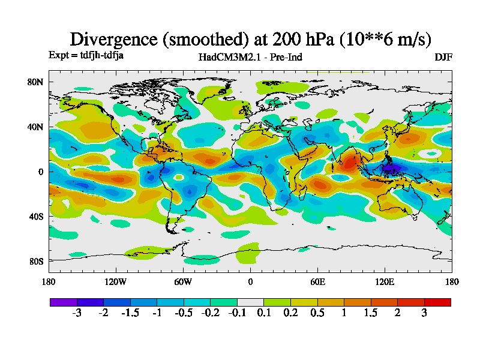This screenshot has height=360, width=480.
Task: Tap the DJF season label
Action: coord(443,58)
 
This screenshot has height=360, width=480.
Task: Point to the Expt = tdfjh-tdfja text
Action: coord(86,55)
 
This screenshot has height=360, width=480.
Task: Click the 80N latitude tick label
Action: coord(36,82)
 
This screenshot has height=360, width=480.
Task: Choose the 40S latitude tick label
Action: coord(36,217)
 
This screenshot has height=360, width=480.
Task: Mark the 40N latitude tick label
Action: coord(36,127)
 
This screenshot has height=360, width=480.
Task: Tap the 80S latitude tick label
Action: coord(36,261)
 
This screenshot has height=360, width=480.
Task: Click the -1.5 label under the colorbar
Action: coord(130,313)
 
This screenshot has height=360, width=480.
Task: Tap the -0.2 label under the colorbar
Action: coord(210,313)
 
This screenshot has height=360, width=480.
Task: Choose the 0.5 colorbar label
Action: coord(317,313)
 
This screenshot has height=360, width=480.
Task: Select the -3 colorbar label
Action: coord(76,313)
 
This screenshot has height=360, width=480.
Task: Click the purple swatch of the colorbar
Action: coord(63,302)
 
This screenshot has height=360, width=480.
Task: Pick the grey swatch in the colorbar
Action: coord(250,302)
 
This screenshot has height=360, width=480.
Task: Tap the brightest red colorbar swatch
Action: coord(437,302)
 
